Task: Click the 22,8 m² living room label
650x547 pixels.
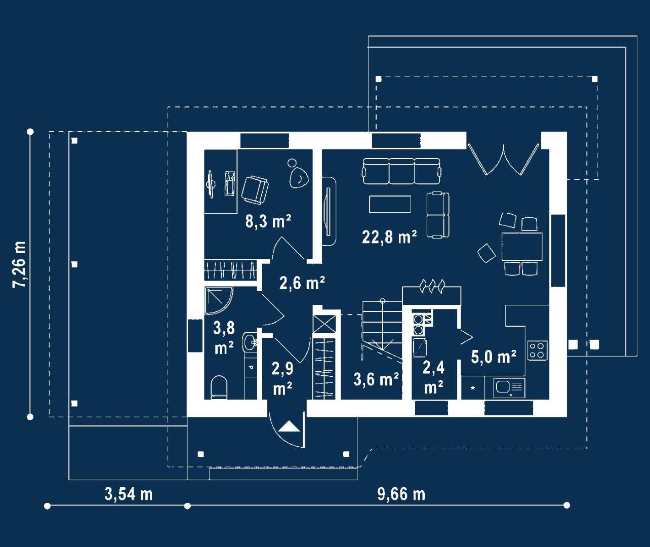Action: pos(389,238)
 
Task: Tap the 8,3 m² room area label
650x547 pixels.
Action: pos(268,221)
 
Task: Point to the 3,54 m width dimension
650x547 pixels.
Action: pos(129,494)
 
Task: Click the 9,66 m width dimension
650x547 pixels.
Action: pos(401,494)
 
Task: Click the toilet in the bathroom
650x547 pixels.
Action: pos(219,387)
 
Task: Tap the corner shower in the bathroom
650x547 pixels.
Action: pos(219,301)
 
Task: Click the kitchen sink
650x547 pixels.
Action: pos(509,388)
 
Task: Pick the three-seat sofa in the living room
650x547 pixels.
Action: pos(401,171)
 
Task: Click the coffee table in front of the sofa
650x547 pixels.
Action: pos(390,204)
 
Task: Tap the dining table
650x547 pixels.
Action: pos(522,246)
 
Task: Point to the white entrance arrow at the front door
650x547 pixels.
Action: pos(289,426)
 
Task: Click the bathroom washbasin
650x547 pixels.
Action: pos(250,342)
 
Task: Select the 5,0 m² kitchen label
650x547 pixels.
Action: pos(494,357)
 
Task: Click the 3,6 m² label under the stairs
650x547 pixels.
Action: pos(376,379)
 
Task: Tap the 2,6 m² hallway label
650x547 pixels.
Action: pos(302,283)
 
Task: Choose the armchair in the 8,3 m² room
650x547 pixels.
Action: pos(255,190)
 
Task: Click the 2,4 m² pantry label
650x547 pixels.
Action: pos(434,377)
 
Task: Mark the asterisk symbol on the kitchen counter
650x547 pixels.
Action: pos(473,388)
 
